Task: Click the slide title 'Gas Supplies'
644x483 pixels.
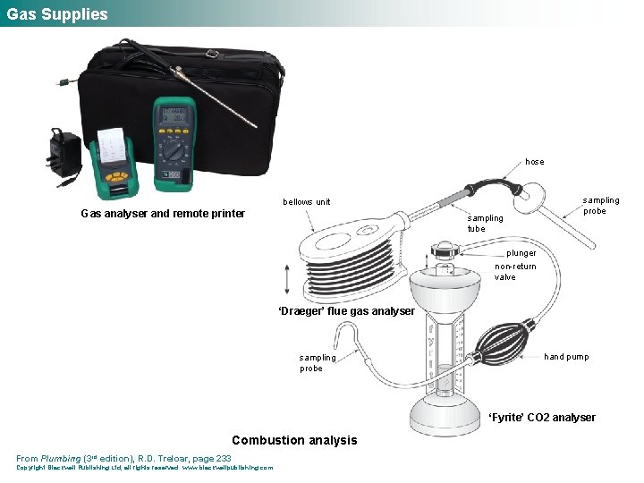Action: [x=57, y=14]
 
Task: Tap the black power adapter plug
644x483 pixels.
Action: [x=64, y=152]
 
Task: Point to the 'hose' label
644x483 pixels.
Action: [x=534, y=162]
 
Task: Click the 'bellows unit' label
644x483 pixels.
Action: [x=307, y=202]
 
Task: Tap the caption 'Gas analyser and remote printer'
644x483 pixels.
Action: [x=162, y=214]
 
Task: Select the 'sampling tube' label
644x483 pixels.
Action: [x=486, y=224]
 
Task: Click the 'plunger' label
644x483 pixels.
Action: [x=521, y=253]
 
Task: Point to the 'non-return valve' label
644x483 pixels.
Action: [x=515, y=272]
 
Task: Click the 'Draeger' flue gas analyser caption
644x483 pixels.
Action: [x=346, y=311]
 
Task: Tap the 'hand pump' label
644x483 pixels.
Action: [x=566, y=357]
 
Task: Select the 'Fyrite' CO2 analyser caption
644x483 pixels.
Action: [x=542, y=418]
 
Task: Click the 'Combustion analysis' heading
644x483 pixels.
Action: [x=293, y=440]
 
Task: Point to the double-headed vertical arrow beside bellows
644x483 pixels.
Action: [x=286, y=278]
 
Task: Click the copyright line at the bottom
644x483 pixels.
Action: [x=144, y=468]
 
